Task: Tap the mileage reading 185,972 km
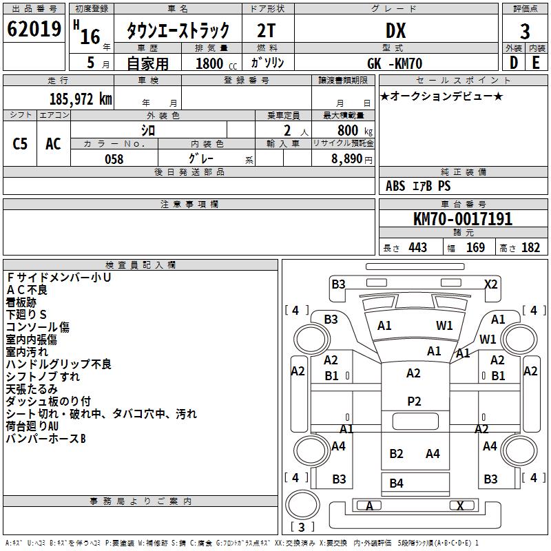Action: (x=81, y=98)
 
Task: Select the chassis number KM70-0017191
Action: (x=463, y=219)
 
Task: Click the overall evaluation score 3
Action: (x=525, y=31)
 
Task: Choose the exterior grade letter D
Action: (x=513, y=63)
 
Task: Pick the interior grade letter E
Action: (x=536, y=63)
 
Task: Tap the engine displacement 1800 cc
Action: (x=211, y=63)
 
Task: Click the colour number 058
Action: (x=114, y=158)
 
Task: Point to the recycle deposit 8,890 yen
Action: (x=351, y=158)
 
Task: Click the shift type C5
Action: (x=21, y=143)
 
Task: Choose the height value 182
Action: (x=530, y=247)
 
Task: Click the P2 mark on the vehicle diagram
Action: (x=414, y=402)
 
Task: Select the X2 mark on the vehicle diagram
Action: (x=491, y=284)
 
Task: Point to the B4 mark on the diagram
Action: (x=396, y=484)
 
